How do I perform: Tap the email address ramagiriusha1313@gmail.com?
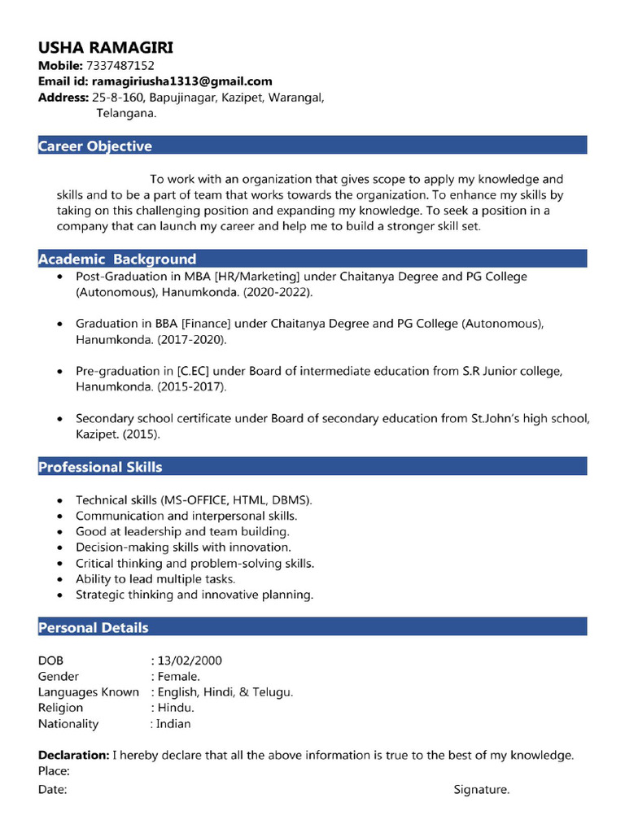pos(181,81)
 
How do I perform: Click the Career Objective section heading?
pos(95,146)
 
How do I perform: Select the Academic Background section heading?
pos(117,259)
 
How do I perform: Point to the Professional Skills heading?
pos(100,467)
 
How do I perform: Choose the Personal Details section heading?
pos(94,627)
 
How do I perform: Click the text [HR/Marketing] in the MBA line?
pos(250,277)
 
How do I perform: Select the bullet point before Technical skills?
pos(61,500)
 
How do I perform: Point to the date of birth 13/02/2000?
pos(190,661)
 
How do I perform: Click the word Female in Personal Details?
pos(177,676)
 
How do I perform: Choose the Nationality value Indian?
pos(173,723)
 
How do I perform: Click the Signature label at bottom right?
pos(481,789)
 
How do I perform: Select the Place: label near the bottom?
pos(54,770)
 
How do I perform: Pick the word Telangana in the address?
pos(126,114)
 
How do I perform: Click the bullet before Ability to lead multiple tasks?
pos(61,579)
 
